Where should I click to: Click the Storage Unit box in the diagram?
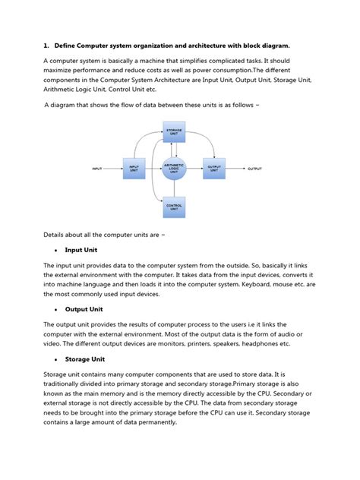(x=174, y=133)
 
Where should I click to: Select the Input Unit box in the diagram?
(x=134, y=169)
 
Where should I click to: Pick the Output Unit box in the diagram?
(x=213, y=169)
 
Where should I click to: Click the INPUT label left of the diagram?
(x=97, y=169)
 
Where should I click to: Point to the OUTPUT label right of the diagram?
(x=254, y=169)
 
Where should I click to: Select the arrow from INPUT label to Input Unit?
(x=112, y=169)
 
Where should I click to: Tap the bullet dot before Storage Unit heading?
(x=57, y=359)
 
